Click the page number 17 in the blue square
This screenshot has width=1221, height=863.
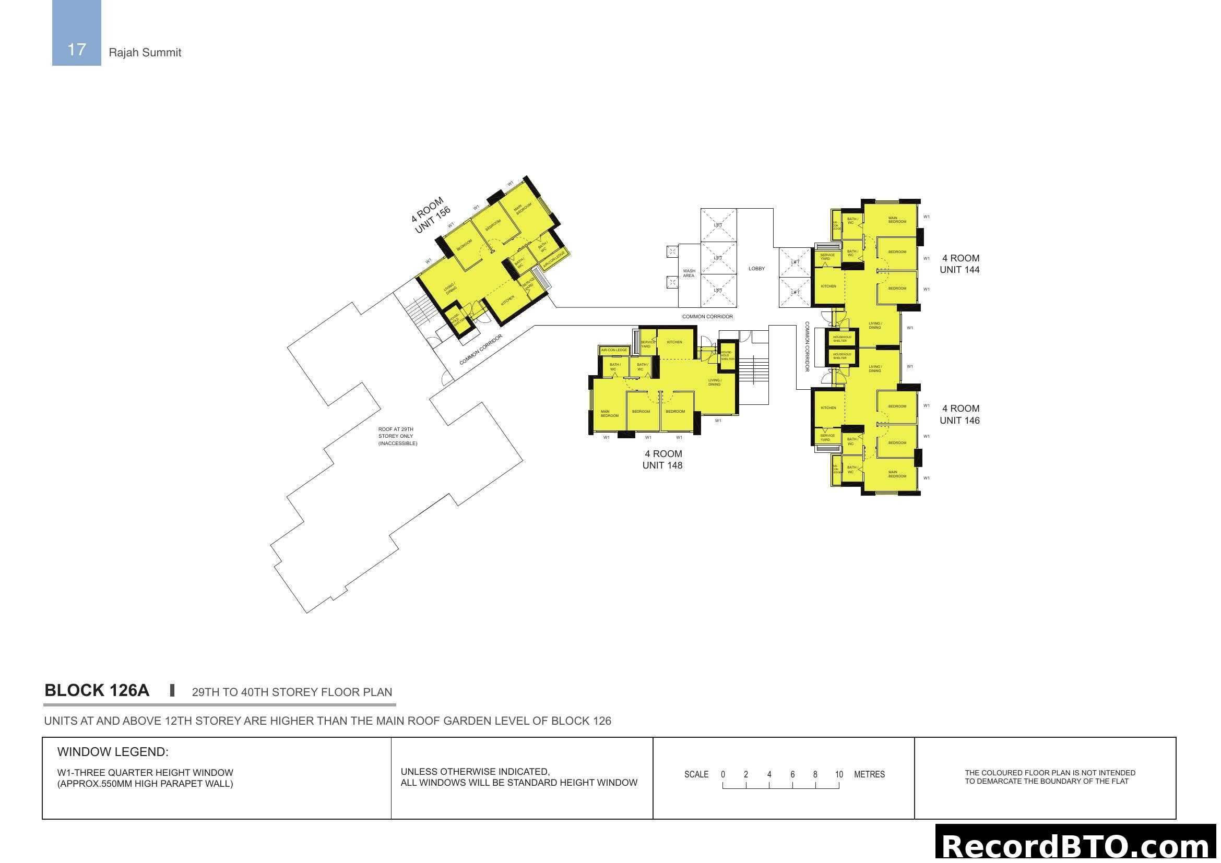click(77, 50)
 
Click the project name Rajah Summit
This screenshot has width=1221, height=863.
click(145, 53)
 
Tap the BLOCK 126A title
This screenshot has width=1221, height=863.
click(97, 690)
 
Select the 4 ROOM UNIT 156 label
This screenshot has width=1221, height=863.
click(430, 214)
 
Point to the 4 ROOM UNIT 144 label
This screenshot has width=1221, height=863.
click(959, 264)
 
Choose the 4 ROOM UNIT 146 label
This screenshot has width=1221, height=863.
click(959, 414)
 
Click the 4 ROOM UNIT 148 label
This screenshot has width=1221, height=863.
click(662, 460)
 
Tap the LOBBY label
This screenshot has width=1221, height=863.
click(756, 269)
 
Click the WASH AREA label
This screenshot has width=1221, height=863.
click(689, 273)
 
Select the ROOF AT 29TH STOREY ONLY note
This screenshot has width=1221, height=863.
click(397, 436)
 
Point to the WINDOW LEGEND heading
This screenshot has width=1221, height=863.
click(113, 752)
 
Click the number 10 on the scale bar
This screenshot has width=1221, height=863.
click(839, 774)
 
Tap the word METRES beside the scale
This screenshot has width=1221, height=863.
click(869, 774)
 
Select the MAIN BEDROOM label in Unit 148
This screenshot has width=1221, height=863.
click(609, 413)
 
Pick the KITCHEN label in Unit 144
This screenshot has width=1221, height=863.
click(828, 286)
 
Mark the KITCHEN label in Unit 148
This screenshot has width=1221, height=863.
click(674, 342)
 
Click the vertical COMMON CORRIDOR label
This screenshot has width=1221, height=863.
click(807, 346)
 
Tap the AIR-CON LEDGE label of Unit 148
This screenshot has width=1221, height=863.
click(614, 350)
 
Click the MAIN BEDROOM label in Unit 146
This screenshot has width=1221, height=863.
click(897, 474)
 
